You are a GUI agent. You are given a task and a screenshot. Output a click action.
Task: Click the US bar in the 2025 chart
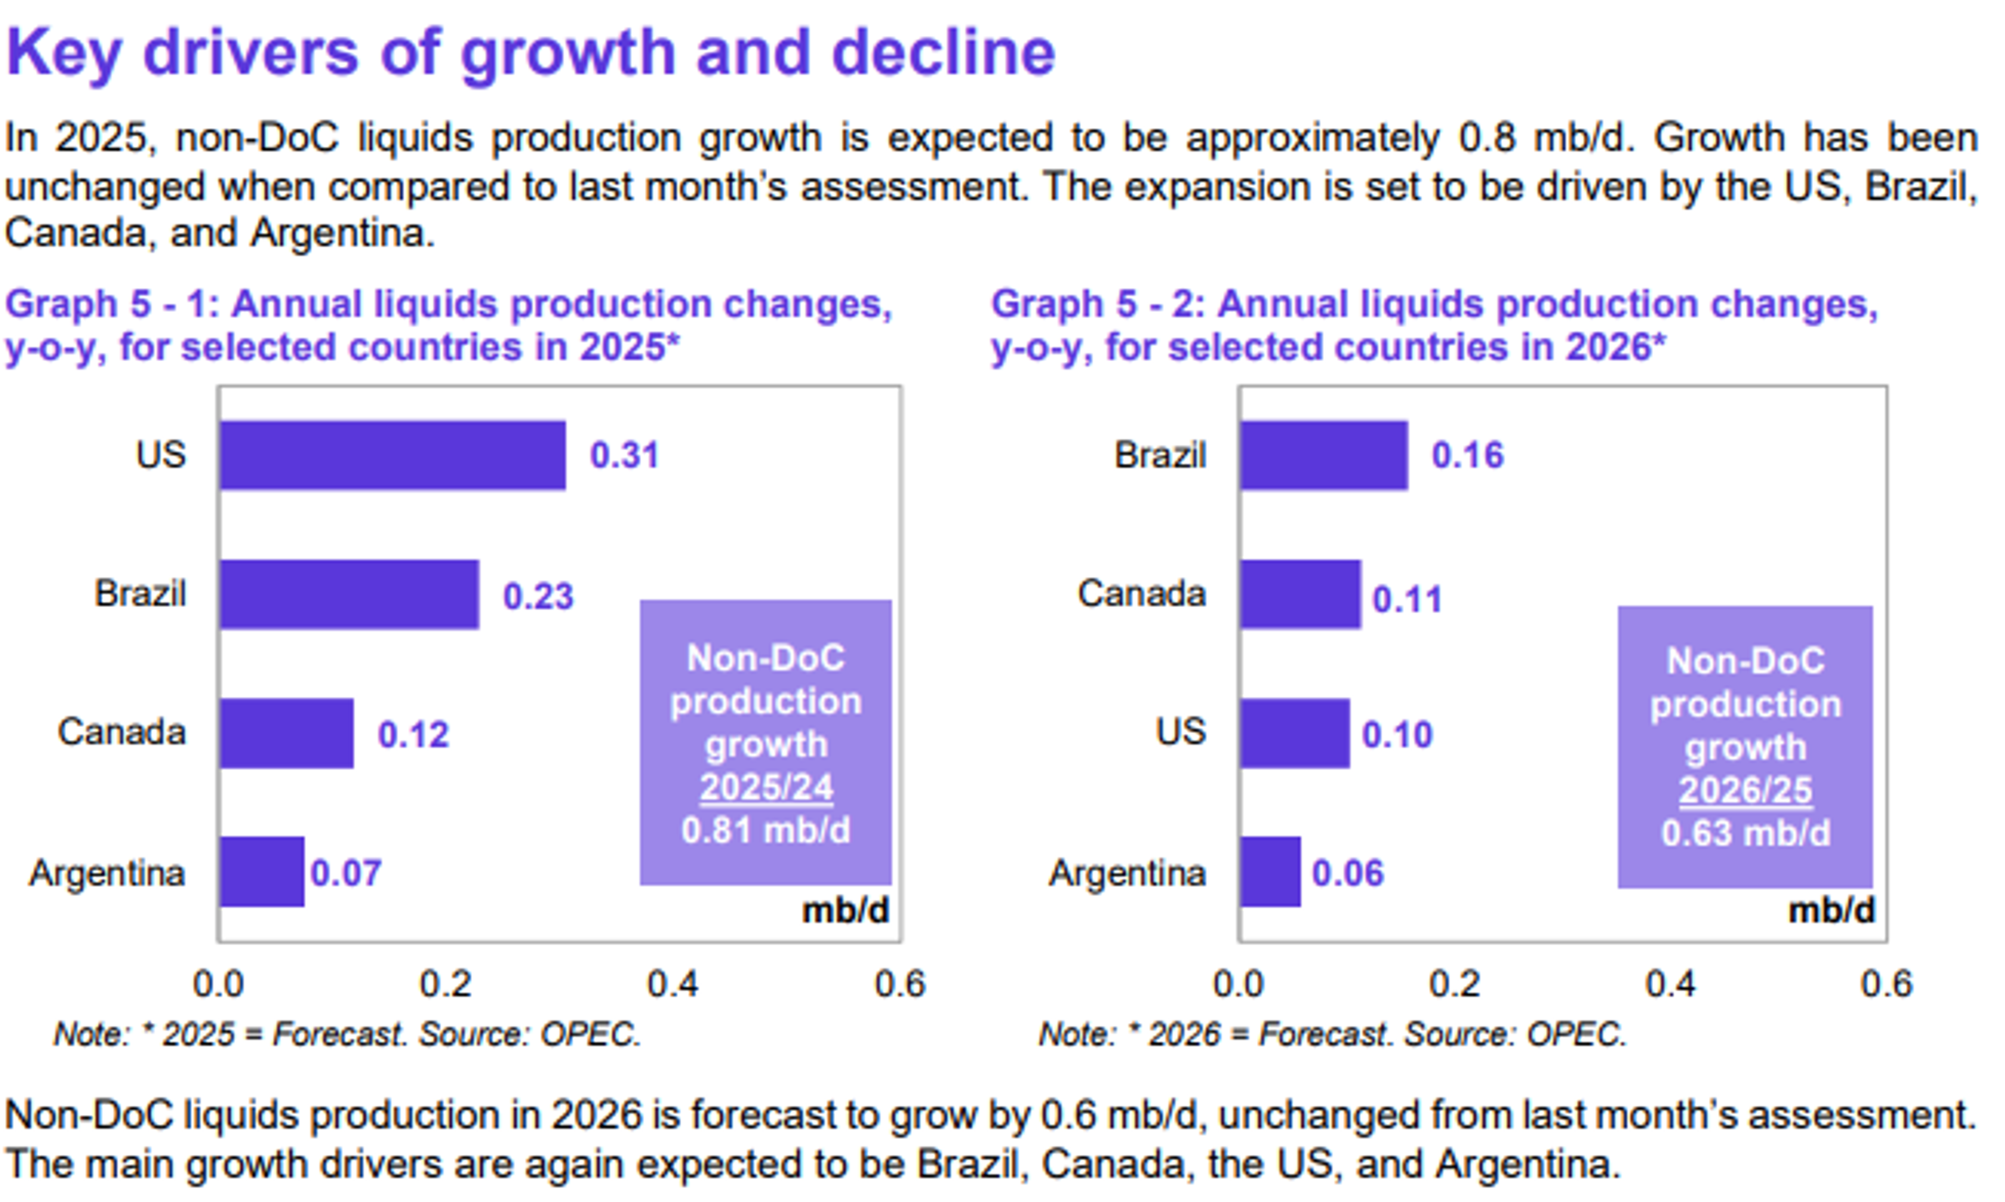392,455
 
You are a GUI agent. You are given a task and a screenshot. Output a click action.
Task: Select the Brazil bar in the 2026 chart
1324,455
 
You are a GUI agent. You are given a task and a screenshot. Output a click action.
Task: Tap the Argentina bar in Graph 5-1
262,872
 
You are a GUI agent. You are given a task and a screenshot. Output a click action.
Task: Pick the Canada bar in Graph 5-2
1300,594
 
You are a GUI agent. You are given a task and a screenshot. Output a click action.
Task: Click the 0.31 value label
624,455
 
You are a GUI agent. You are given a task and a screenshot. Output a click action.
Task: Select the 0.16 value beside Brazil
1467,455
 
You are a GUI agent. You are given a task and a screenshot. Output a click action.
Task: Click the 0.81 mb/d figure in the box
765,831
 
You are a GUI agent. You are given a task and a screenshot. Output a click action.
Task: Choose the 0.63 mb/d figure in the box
1745,834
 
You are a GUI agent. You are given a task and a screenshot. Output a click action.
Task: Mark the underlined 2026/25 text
1745,791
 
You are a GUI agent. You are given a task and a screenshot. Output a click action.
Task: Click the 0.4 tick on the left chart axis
673,984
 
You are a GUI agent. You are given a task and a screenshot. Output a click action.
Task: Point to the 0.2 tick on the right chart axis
1454,984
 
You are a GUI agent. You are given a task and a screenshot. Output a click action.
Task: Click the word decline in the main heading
943,52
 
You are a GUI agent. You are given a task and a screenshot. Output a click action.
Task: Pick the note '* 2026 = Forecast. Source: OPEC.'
1332,1034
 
